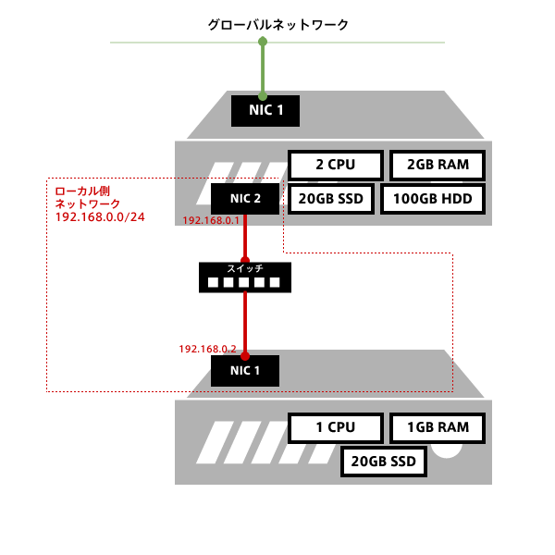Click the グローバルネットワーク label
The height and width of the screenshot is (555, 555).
click(x=277, y=25)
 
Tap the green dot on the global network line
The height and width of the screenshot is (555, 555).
click(x=263, y=43)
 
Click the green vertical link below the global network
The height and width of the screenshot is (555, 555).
click(x=263, y=69)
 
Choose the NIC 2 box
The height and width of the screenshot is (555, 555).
click(x=245, y=198)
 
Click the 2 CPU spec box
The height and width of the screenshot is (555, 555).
click(x=336, y=166)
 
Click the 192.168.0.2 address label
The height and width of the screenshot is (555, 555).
click(x=208, y=349)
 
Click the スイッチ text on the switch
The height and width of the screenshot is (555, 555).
click(x=245, y=268)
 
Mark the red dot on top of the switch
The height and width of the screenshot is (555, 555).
click(x=245, y=261)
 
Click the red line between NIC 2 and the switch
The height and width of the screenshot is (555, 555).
click(x=245, y=238)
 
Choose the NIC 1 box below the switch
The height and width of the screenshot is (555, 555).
click(x=245, y=371)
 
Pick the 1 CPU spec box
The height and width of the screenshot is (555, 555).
click(x=336, y=428)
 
